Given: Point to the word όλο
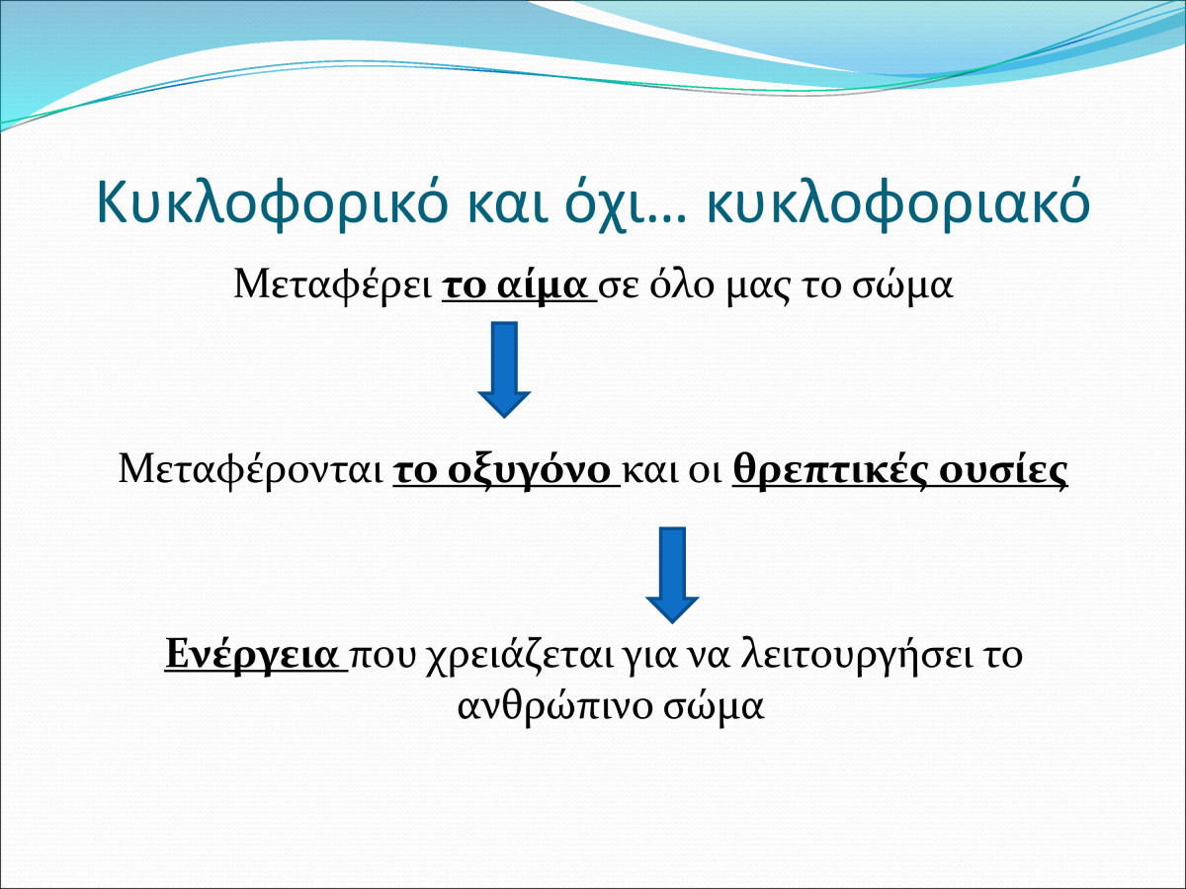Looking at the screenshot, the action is (x=681, y=285).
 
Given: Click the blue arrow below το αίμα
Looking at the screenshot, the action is (x=504, y=369).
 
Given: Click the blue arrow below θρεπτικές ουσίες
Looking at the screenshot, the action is (x=672, y=576).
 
